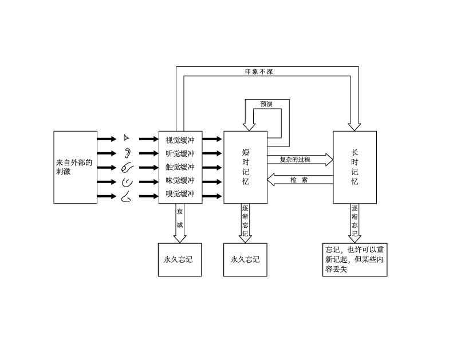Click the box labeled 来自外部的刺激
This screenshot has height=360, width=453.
(75, 167)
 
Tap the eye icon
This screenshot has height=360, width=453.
(127, 138)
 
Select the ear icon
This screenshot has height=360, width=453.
(128, 153)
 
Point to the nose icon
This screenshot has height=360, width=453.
(127, 197)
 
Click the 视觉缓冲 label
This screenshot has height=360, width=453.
(180, 139)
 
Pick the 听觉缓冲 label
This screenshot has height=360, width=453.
(180, 153)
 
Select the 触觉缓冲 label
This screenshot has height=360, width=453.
(180, 167)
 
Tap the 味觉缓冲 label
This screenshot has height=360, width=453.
(180, 181)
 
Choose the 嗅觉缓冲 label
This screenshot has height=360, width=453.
(180, 195)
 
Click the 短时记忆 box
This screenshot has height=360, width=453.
(245, 167)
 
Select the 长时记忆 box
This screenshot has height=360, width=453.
(355, 167)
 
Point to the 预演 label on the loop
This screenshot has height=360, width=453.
(266, 104)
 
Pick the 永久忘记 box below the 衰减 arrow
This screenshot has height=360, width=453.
(180, 259)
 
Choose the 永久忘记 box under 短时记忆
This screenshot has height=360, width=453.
(245, 259)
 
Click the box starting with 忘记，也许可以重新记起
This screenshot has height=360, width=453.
(354, 259)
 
